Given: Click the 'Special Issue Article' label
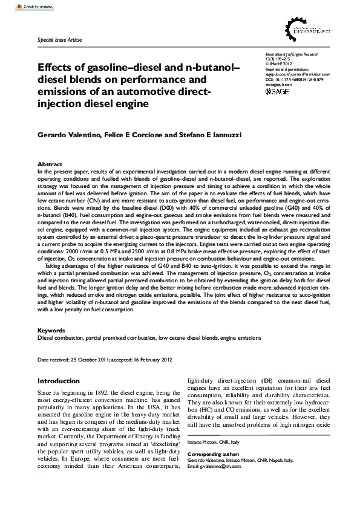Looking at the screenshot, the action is (59, 39).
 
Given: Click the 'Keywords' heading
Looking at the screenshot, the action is (51, 331).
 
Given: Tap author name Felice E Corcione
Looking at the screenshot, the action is (129, 134).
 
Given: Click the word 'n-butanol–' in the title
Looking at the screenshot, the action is (203, 68).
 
